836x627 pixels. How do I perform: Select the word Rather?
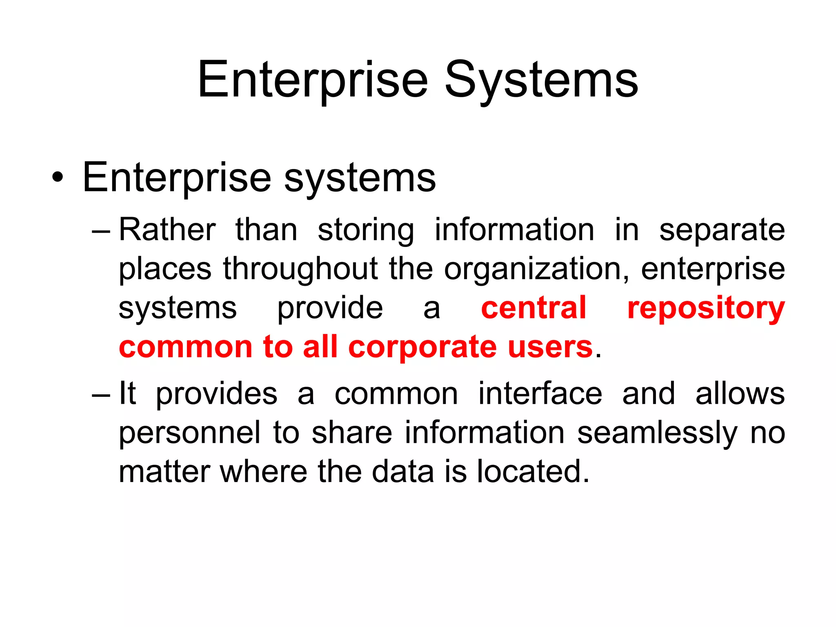(167, 230)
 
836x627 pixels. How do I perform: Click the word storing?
(366, 231)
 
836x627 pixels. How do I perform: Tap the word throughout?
(300, 269)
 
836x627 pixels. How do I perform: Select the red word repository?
(706, 309)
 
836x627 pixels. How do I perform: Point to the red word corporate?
(422, 347)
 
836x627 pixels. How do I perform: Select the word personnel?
(189, 433)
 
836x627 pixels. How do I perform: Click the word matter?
(165, 471)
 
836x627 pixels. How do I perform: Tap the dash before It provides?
(101, 395)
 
